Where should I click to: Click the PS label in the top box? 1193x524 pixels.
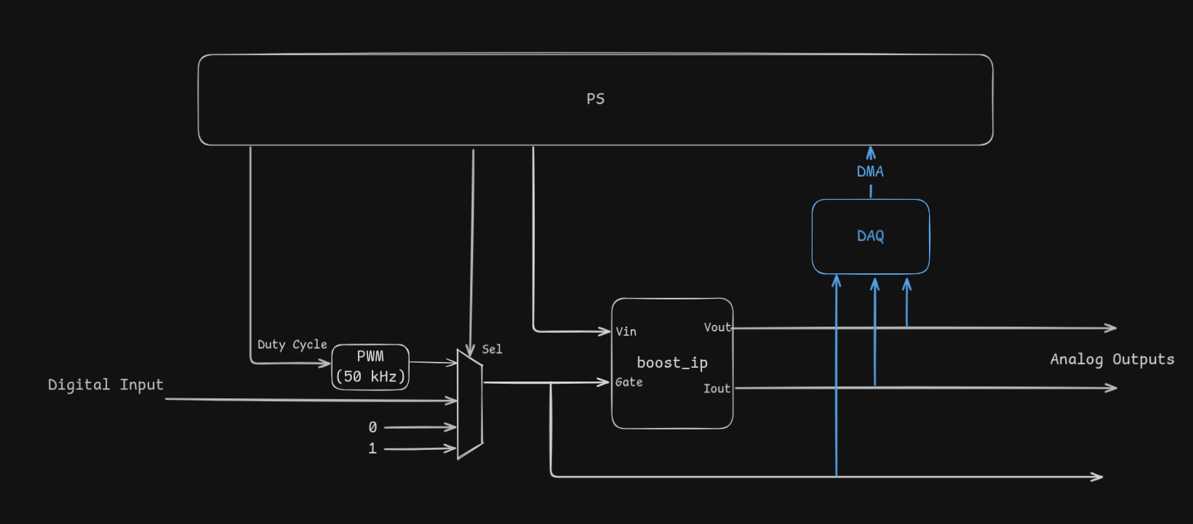pyautogui.click(x=595, y=99)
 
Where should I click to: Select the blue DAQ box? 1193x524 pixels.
pyautogui.click(x=870, y=236)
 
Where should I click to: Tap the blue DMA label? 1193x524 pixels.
pyautogui.click(x=870, y=172)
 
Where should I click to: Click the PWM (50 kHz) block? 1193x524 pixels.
pyautogui.click(x=370, y=367)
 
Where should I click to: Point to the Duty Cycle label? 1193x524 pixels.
pyautogui.click(x=292, y=344)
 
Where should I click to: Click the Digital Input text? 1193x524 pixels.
pyautogui.click(x=105, y=384)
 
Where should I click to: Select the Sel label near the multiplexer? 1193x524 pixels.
pyautogui.click(x=492, y=350)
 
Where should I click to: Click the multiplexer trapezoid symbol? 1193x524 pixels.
pyautogui.click(x=470, y=404)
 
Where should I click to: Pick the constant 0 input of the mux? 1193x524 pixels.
pyautogui.click(x=372, y=427)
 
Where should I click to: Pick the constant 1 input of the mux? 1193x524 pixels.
pyautogui.click(x=372, y=448)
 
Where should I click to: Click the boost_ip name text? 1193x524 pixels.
pyautogui.click(x=672, y=363)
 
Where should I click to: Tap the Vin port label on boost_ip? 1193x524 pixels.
pyautogui.click(x=626, y=331)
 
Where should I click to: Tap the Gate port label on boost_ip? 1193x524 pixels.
pyautogui.click(x=629, y=382)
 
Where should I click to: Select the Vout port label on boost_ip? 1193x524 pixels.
pyautogui.click(x=717, y=327)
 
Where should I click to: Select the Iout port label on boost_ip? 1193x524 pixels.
pyautogui.click(x=717, y=389)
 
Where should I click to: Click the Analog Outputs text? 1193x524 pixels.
pyautogui.click(x=1112, y=359)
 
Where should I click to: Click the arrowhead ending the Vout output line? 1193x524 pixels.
pyautogui.click(x=1112, y=328)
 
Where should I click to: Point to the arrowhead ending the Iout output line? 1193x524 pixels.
pyautogui.click(x=1112, y=388)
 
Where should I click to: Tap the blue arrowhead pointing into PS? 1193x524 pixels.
pyautogui.click(x=871, y=153)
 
